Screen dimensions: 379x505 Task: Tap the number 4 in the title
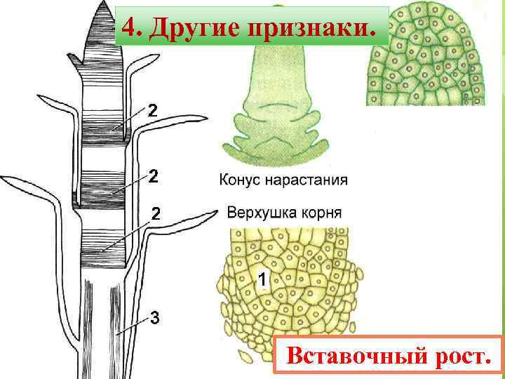click(x=128, y=28)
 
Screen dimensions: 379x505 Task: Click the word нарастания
click(x=309, y=180)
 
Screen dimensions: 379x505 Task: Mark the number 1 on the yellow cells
click(x=262, y=281)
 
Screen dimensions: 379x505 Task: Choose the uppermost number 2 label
click(x=152, y=110)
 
